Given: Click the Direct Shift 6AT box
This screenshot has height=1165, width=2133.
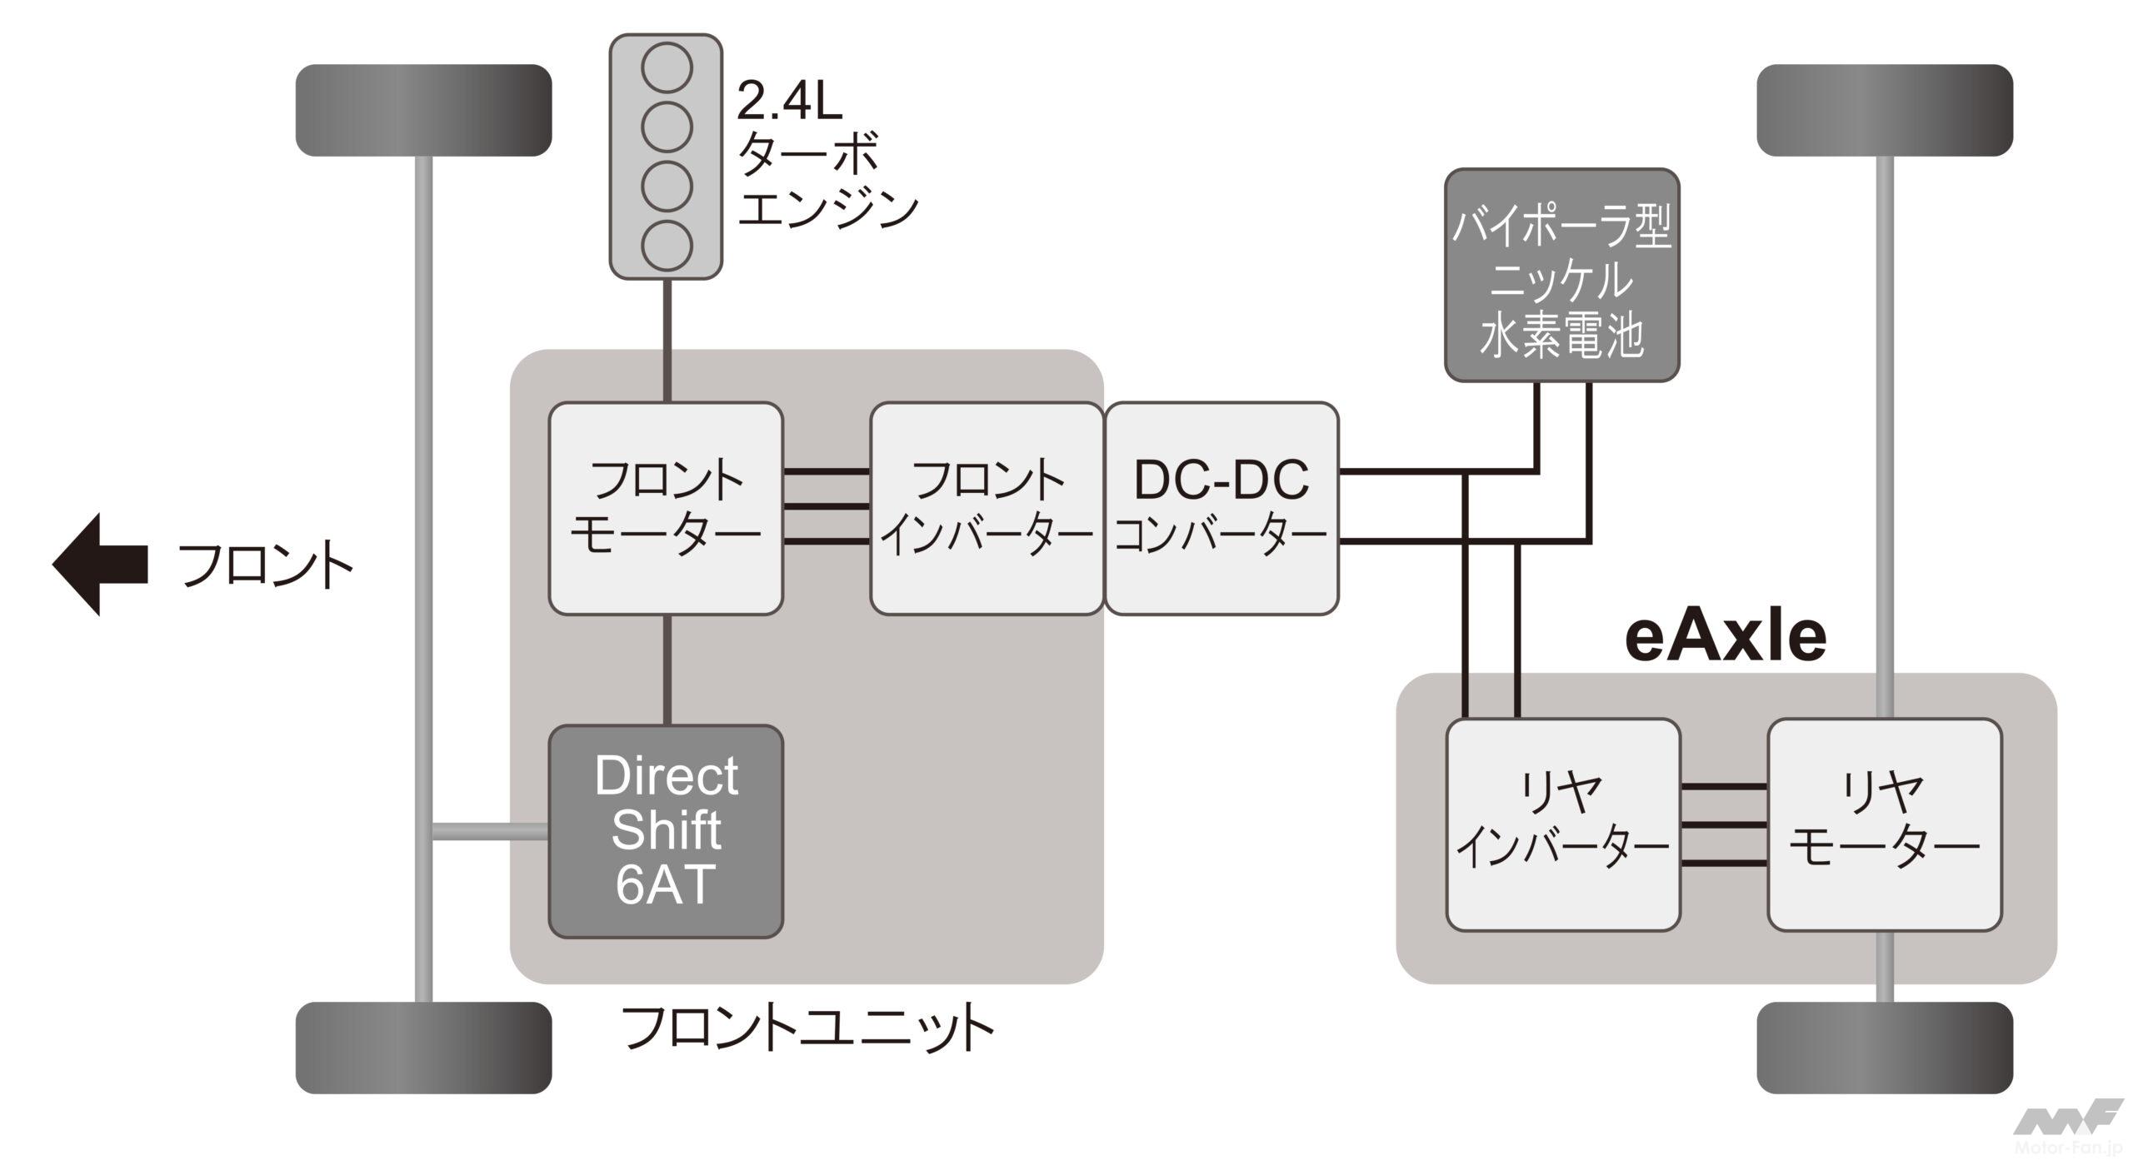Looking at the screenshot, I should pos(666,830).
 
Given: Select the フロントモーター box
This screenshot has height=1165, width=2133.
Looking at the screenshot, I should pos(666,508).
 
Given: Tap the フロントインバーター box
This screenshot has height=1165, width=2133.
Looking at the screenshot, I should pos(987,508).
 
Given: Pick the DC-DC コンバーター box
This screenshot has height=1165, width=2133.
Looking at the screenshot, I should pos(1221,508).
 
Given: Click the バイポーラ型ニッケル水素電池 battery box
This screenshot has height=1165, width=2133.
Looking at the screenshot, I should pos(1561,276).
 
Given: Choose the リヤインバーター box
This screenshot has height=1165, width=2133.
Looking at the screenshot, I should pos(1562,824).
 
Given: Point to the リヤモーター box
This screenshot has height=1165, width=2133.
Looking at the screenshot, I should pos(1885,824).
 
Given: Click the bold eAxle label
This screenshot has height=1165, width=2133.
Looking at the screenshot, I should pos(1726,638).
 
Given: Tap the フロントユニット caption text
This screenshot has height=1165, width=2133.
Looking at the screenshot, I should pos(807,1030).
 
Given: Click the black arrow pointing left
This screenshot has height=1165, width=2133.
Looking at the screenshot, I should pos(100,564).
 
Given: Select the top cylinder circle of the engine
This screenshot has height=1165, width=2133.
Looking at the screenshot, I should pos(667,67).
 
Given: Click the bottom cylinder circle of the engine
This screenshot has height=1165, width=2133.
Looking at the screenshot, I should pos(667,245).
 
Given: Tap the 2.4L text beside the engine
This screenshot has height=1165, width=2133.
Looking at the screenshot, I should pos(789,102).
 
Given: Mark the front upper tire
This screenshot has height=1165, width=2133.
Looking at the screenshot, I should pos(423,110).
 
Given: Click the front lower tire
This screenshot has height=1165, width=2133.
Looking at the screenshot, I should pos(423,1048).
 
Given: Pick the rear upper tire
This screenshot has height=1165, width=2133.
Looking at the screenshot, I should pos(1885,110).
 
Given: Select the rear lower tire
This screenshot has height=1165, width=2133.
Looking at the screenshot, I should pos(1885,1048).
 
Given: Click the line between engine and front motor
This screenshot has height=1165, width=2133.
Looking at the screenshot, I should pos(667,341).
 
